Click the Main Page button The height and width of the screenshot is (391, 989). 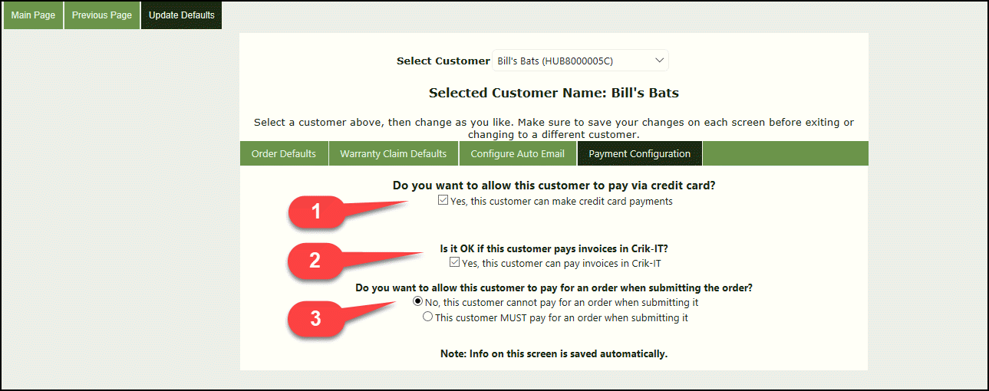pyautogui.click(x=33, y=15)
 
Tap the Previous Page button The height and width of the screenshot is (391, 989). pyautogui.click(x=102, y=15)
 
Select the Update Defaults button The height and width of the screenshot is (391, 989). pyautogui.click(x=181, y=15)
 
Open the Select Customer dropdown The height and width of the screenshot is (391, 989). pyautogui.click(x=580, y=61)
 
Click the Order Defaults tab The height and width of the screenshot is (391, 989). pyautogui.click(x=284, y=153)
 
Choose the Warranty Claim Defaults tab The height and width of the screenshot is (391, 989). pyautogui.click(x=393, y=153)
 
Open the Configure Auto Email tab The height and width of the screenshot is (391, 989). pyautogui.click(x=518, y=153)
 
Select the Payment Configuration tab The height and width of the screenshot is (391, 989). pyautogui.click(x=639, y=153)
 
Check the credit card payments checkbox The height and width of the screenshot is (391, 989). pyautogui.click(x=443, y=201)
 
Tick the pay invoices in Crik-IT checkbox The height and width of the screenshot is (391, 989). pyautogui.click(x=454, y=263)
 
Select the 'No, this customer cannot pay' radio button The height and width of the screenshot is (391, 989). pyautogui.click(x=418, y=301)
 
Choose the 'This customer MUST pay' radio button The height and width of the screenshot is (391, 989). pyautogui.click(x=428, y=317)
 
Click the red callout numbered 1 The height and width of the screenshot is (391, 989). pyautogui.click(x=315, y=213)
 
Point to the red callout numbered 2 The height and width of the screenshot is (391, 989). pyautogui.click(x=315, y=261)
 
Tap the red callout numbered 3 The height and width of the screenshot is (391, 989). pyautogui.click(x=315, y=318)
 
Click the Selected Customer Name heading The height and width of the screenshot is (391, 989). pyautogui.click(x=553, y=93)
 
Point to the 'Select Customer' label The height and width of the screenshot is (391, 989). pyautogui.click(x=443, y=61)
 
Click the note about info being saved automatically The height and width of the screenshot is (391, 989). pyautogui.click(x=554, y=353)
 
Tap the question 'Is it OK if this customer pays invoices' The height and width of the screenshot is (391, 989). pyautogui.click(x=554, y=249)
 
